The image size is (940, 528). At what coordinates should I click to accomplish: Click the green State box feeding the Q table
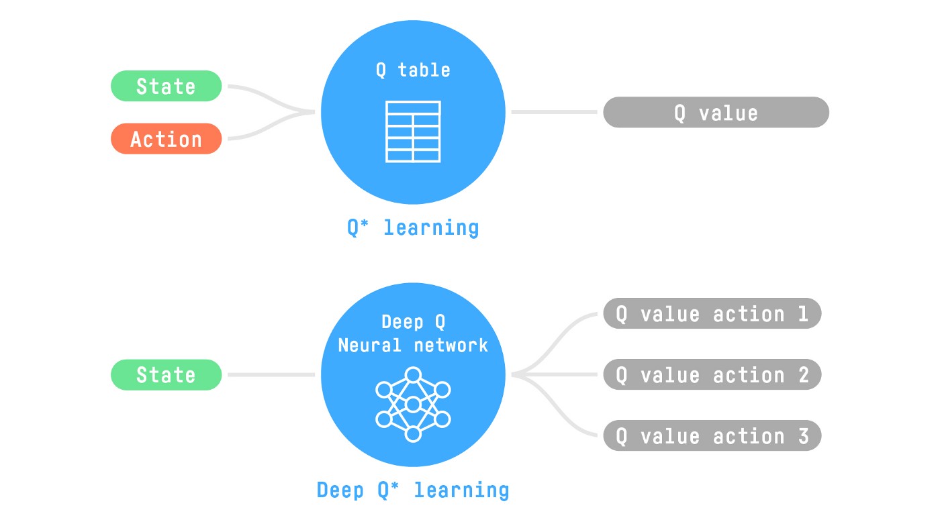point(166,86)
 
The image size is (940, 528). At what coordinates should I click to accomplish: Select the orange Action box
point(166,139)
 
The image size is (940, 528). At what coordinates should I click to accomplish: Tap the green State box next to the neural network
point(166,374)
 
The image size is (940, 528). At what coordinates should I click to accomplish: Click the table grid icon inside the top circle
point(413,131)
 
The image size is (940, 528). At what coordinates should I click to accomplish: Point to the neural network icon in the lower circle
point(413,404)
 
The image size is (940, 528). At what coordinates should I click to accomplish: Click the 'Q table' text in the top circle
point(413,70)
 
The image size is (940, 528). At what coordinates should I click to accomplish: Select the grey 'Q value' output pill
point(716,113)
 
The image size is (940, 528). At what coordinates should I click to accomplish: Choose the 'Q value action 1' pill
point(712,314)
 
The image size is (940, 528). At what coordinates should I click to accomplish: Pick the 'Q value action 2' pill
point(712,374)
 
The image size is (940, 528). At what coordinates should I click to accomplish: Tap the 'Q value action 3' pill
point(712,436)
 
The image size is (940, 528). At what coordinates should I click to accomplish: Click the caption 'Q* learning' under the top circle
point(413,227)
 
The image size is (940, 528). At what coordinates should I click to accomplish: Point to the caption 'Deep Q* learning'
point(413,490)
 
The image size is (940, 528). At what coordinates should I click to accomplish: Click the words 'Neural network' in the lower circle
point(413,345)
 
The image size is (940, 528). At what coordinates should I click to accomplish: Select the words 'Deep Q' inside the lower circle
point(413,322)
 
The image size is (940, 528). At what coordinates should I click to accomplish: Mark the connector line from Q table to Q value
point(554,112)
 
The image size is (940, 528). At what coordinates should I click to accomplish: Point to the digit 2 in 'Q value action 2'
point(803,374)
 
